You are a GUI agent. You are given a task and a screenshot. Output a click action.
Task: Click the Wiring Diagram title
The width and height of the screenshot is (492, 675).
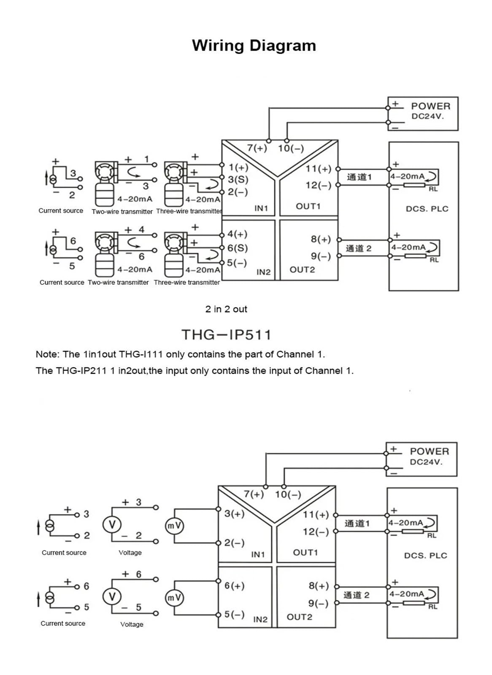click(254, 46)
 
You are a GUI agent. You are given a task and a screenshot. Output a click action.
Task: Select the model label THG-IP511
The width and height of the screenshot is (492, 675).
click(226, 335)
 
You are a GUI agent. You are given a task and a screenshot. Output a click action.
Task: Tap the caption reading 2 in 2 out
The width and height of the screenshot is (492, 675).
click(226, 309)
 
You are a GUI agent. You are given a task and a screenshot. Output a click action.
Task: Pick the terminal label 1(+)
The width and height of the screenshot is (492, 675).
click(238, 167)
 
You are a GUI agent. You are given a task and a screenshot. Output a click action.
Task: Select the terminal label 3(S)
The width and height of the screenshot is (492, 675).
click(238, 180)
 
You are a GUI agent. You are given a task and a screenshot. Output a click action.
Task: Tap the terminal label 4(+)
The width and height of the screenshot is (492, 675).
click(237, 234)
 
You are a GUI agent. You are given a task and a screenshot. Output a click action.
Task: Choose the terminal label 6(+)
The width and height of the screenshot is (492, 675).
click(234, 586)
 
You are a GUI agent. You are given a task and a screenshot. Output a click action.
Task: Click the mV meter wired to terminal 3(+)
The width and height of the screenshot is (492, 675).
click(174, 526)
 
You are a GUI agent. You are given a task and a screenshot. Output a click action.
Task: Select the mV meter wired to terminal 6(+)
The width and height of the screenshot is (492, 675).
click(174, 597)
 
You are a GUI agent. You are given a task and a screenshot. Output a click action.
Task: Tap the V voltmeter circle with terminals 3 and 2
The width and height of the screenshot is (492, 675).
click(112, 525)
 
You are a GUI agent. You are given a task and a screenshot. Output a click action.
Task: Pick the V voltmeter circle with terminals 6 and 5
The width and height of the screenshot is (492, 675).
click(112, 597)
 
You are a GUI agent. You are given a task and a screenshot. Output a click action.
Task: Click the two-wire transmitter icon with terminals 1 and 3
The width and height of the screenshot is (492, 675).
click(105, 184)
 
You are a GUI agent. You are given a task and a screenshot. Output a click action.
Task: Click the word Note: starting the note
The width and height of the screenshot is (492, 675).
click(48, 354)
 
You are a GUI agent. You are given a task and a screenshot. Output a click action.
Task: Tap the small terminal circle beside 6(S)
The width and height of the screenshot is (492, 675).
click(222, 248)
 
